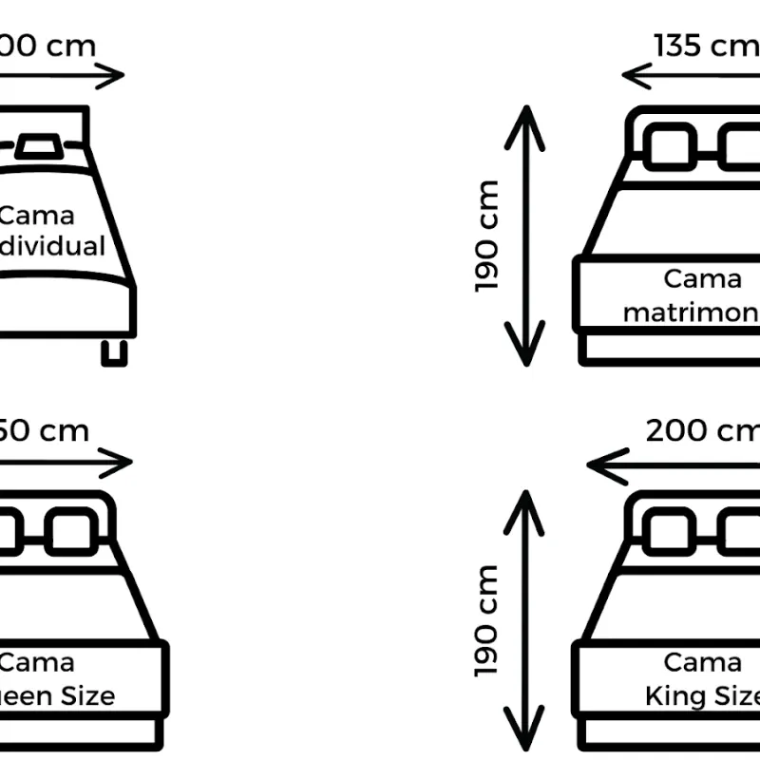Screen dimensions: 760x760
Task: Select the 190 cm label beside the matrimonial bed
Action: [487, 236]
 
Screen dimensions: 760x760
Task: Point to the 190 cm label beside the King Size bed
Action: [487, 620]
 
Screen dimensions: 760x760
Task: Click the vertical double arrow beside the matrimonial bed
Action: [524, 236]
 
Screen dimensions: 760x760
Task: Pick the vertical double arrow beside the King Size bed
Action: [524, 620]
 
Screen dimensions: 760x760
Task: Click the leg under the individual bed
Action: [115, 351]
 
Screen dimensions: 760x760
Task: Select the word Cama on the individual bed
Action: [36, 216]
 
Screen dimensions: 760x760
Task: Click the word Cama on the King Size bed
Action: [702, 662]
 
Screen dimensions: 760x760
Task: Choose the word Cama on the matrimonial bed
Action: [702, 278]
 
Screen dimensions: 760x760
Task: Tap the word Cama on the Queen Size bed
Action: [36, 662]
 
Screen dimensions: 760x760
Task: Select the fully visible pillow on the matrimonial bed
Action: [670, 147]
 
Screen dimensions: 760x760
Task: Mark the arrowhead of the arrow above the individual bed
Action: [116, 76]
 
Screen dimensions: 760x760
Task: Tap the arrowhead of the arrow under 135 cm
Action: [635, 75]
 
